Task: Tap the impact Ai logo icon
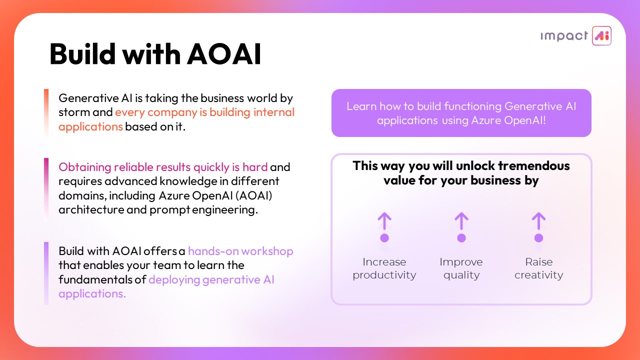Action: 601,35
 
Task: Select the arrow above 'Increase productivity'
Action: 384,221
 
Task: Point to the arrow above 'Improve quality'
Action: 461,221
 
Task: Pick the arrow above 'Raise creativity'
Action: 538,221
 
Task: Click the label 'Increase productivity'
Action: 384,268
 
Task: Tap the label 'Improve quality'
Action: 461,268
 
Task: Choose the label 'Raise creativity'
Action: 538,268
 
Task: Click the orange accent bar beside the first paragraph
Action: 46,112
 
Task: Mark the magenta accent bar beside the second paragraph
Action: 46,189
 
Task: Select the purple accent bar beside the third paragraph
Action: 46,273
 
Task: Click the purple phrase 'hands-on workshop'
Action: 240,251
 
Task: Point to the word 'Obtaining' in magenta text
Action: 85,167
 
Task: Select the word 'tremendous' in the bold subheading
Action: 534,165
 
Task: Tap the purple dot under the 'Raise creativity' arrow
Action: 538,237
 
